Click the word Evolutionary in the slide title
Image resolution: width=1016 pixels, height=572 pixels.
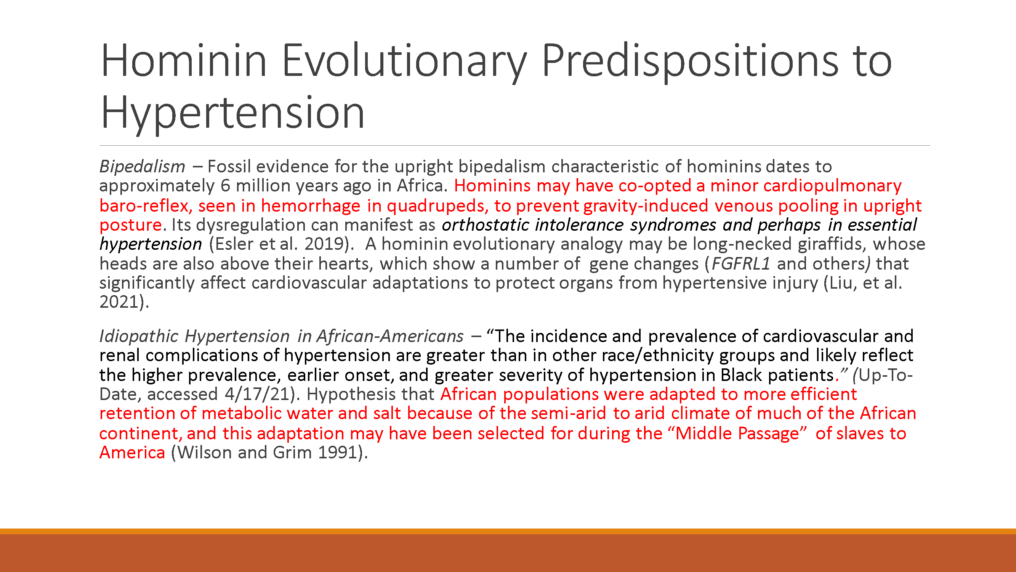click(404, 61)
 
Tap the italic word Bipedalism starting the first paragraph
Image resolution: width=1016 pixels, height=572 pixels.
click(143, 167)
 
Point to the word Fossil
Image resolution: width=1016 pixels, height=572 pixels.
click(229, 167)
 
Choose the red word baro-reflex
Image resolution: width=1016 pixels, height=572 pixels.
click(145, 206)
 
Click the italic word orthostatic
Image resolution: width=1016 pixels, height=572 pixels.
click(485, 225)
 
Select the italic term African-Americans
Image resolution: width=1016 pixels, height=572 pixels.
click(390, 336)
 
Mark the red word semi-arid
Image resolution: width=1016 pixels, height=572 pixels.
click(568, 413)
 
